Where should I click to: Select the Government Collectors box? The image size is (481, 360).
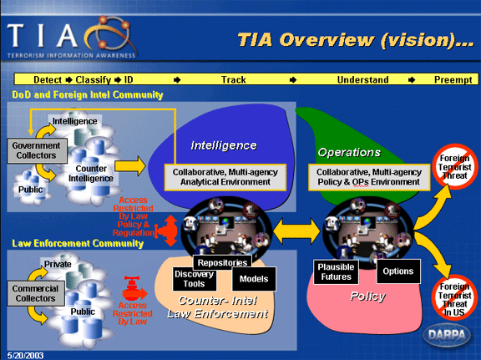tap(31, 150)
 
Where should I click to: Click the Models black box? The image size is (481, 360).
tap(253, 279)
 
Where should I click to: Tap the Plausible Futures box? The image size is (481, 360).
tap(338, 271)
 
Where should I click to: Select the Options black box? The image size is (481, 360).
tap(397, 271)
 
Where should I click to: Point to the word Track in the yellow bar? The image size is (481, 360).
tap(233, 80)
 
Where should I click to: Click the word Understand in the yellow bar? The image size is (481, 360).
tap(362, 80)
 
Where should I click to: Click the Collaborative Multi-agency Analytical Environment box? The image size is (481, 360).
tap(225, 175)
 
